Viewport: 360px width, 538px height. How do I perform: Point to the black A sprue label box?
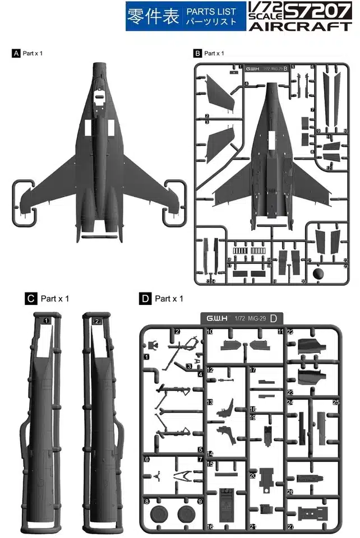tap(16, 53)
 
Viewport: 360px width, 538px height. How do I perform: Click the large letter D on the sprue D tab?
tap(273, 319)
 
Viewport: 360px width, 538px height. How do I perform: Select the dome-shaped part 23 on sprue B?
tap(319, 274)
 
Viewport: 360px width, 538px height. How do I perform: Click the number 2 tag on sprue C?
tap(97, 321)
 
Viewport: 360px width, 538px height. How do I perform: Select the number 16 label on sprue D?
tap(210, 527)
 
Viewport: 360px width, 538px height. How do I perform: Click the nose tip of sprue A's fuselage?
tap(101, 63)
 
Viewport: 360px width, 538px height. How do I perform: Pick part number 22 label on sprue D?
tap(290, 332)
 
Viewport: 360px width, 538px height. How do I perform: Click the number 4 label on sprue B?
tap(247, 84)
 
